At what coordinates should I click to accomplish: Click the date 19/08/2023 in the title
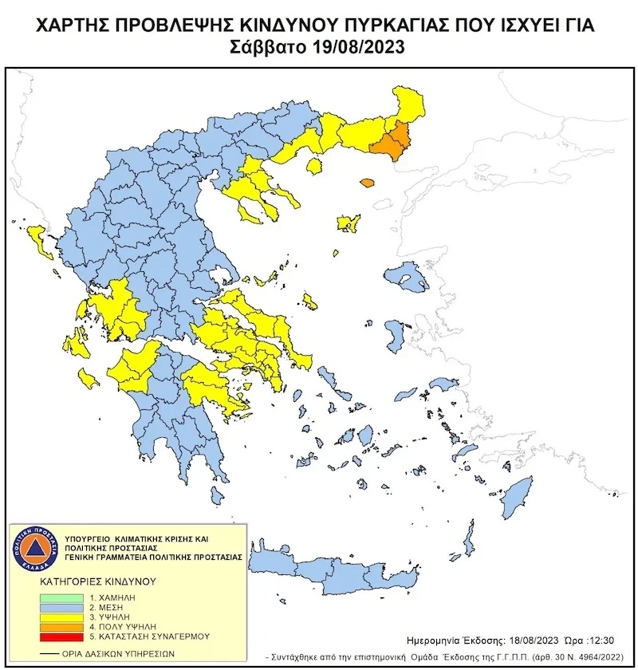[357, 46]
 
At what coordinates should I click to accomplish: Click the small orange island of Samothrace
[367, 183]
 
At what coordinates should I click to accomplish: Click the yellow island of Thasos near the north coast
[314, 165]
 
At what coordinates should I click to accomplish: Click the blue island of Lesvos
[407, 278]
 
